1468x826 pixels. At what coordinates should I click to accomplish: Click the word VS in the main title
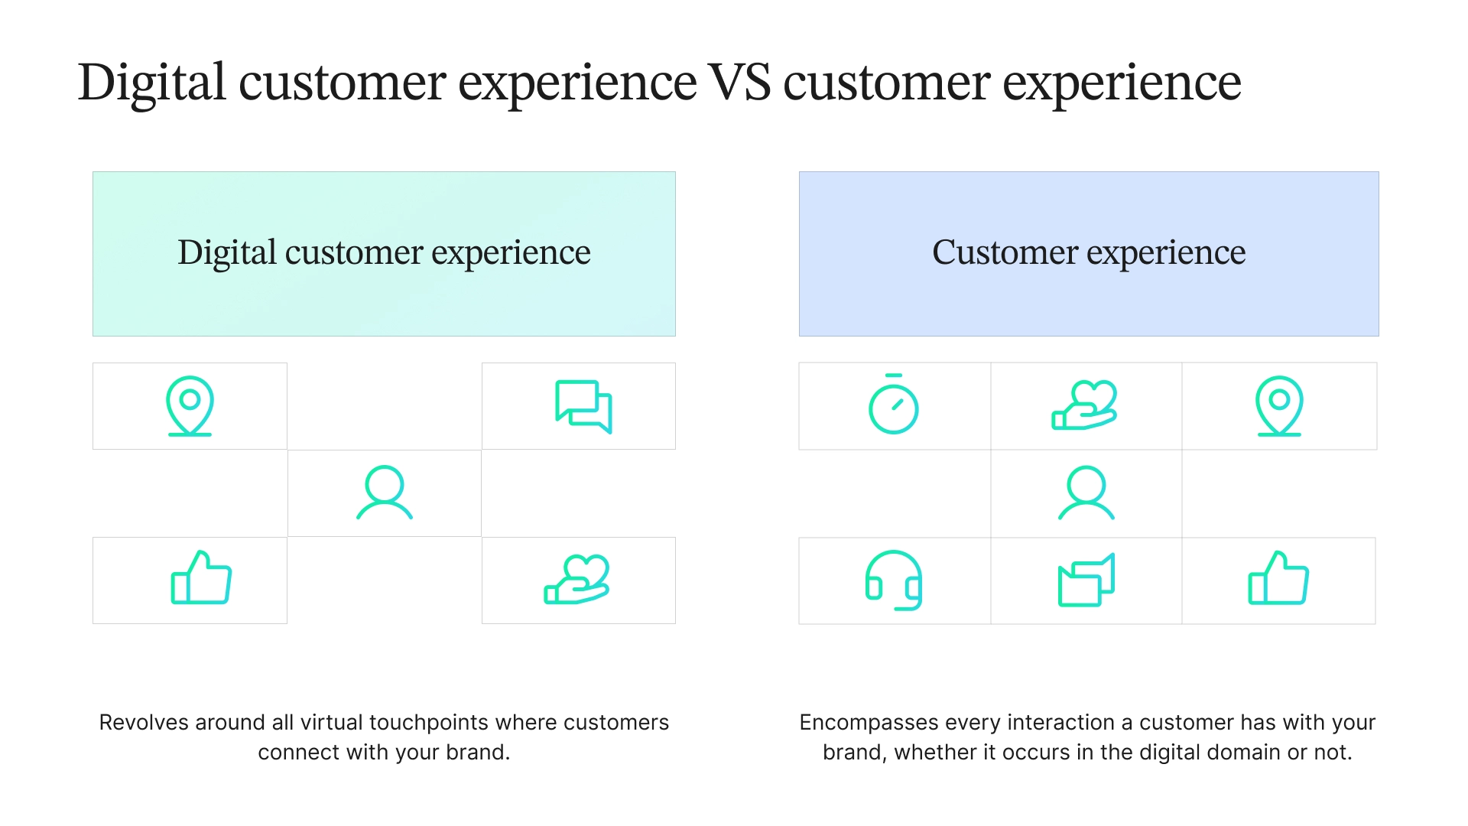pyautogui.click(x=739, y=83)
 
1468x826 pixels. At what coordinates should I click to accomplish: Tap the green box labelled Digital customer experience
pyautogui.click(x=384, y=253)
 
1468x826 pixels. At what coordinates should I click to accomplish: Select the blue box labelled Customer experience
pyautogui.click(x=1089, y=253)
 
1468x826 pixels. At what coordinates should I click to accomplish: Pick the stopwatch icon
pyautogui.click(x=893, y=405)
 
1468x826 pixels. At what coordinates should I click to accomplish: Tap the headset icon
pyautogui.click(x=893, y=580)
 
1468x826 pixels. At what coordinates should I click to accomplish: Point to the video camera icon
pyautogui.click(x=1086, y=580)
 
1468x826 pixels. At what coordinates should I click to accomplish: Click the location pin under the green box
pyautogui.click(x=190, y=406)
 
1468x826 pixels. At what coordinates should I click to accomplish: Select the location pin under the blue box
pyautogui.click(x=1279, y=406)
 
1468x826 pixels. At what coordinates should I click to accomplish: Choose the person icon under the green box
pyautogui.click(x=385, y=493)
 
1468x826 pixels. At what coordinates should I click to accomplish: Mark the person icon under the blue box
pyautogui.click(x=1086, y=493)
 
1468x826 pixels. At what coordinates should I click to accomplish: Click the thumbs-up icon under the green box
pyautogui.click(x=201, y=578)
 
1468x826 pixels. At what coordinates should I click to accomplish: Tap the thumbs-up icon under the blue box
pyautogui.click(x=1278, y=578)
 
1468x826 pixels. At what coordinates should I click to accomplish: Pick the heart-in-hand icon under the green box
pyautogui.click(x=577, y=580)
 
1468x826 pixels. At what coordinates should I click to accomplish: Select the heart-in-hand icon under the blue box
pyautogui.click(x=1084, y=405)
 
